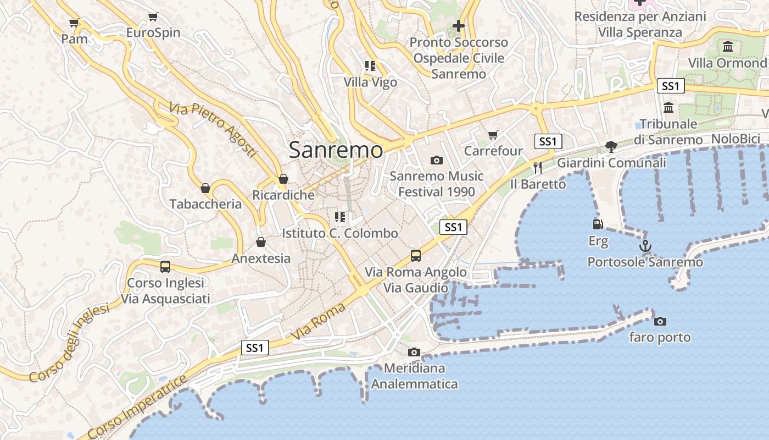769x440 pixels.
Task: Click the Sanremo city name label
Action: pos(336,150)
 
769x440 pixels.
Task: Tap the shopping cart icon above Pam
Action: pos(74,23)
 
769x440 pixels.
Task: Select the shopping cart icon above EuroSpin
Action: pos(153,17)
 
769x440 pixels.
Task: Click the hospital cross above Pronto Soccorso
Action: pos(459,26)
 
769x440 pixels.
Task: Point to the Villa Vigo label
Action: pos(370,82)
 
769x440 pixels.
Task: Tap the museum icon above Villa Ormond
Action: pos(728,47)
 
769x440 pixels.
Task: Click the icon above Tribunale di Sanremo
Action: pos(668,108)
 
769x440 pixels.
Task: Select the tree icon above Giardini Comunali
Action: pos(611,146)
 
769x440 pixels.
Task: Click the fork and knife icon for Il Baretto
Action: pos(537,168)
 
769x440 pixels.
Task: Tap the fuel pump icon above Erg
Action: pos(598,224)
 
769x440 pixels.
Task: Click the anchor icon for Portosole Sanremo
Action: pos(645,246)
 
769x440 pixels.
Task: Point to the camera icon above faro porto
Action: pos(660,321)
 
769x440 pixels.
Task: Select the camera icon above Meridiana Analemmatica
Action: pos(414,352)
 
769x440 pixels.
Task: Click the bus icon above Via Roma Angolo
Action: pos(416,256)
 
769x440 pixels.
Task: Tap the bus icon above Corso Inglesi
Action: pos(165,267)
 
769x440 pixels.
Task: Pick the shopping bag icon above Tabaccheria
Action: pos(205,188)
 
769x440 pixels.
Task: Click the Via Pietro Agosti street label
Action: pos(213,130)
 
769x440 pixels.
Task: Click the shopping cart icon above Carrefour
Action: pos(493,135)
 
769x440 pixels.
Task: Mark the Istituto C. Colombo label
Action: pos(340,233)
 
